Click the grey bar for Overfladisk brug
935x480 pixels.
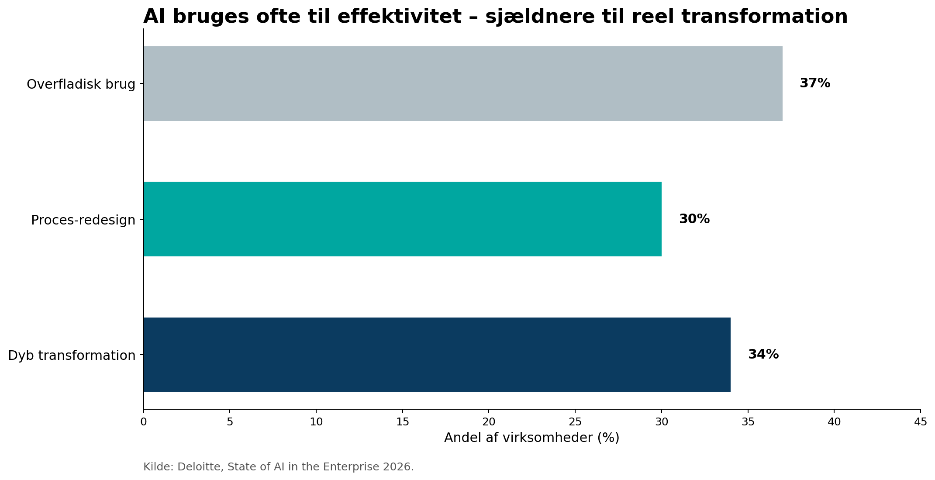click(x=463, y=83)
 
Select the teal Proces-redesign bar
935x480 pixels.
click(x=402, y=219)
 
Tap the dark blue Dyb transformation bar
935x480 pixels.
click(x=437, y=354)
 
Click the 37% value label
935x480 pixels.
click(x=814, y=83)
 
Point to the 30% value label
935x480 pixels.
click(x=694, y=219)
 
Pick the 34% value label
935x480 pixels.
click(x=763, y=354)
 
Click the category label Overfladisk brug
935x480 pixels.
click(x=81, y=84)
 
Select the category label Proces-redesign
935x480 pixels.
click(x=83, y=220)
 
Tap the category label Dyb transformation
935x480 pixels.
click(x=72, y=356)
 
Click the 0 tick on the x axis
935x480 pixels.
click(x=143, y=422)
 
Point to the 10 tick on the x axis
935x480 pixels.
click(x=316, y=422)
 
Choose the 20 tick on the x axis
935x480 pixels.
click(x=489, y=422)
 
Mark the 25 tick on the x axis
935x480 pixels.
click(x=575, y=422)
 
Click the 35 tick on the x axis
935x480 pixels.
click(x=748, y=422)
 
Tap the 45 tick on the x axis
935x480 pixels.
click(x=920, y=422)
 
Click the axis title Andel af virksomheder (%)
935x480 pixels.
click(x=531, y=438)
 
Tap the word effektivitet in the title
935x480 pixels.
click(x=399, y=17)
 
